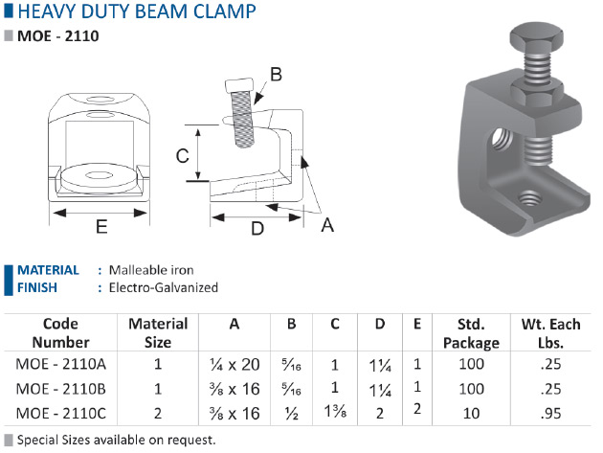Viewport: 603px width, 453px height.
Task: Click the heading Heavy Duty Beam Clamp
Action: click(x=137, y=11)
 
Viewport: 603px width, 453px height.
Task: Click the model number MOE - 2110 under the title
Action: click(x=58, y=35)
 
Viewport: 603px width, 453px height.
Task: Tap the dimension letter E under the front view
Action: click(x=101, y=226)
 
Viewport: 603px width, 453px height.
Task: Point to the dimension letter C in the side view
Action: click(x=182, y=156)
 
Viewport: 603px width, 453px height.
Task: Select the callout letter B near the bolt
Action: click(x=276, y=75)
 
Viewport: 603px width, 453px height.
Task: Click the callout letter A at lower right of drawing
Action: click(x=327, y=225)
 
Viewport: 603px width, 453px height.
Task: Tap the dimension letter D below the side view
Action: click(x=257, y=228)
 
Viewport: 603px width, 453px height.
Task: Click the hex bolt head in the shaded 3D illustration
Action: click(x=536, y=35)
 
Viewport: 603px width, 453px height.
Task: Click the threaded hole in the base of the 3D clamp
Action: click(x=529, y=200)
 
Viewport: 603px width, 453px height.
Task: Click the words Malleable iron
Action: click(x=151, y=270)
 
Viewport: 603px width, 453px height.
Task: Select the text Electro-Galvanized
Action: click(x=164, y=287)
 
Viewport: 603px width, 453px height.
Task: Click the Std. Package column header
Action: click(x=471, y=333)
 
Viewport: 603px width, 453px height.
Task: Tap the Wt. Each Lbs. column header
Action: click(x=550, y=333)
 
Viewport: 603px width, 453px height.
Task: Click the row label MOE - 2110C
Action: click(x=60, y=414)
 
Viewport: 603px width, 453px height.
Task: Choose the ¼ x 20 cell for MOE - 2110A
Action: click(x=234, y=365)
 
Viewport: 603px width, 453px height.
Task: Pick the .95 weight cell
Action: click(x=550, y=414)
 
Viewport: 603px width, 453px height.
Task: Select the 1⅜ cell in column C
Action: click(x=335, y=412)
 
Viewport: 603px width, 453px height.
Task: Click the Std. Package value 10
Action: click(x=471, y=414)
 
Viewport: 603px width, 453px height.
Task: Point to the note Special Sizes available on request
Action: click(x=116, y=440)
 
